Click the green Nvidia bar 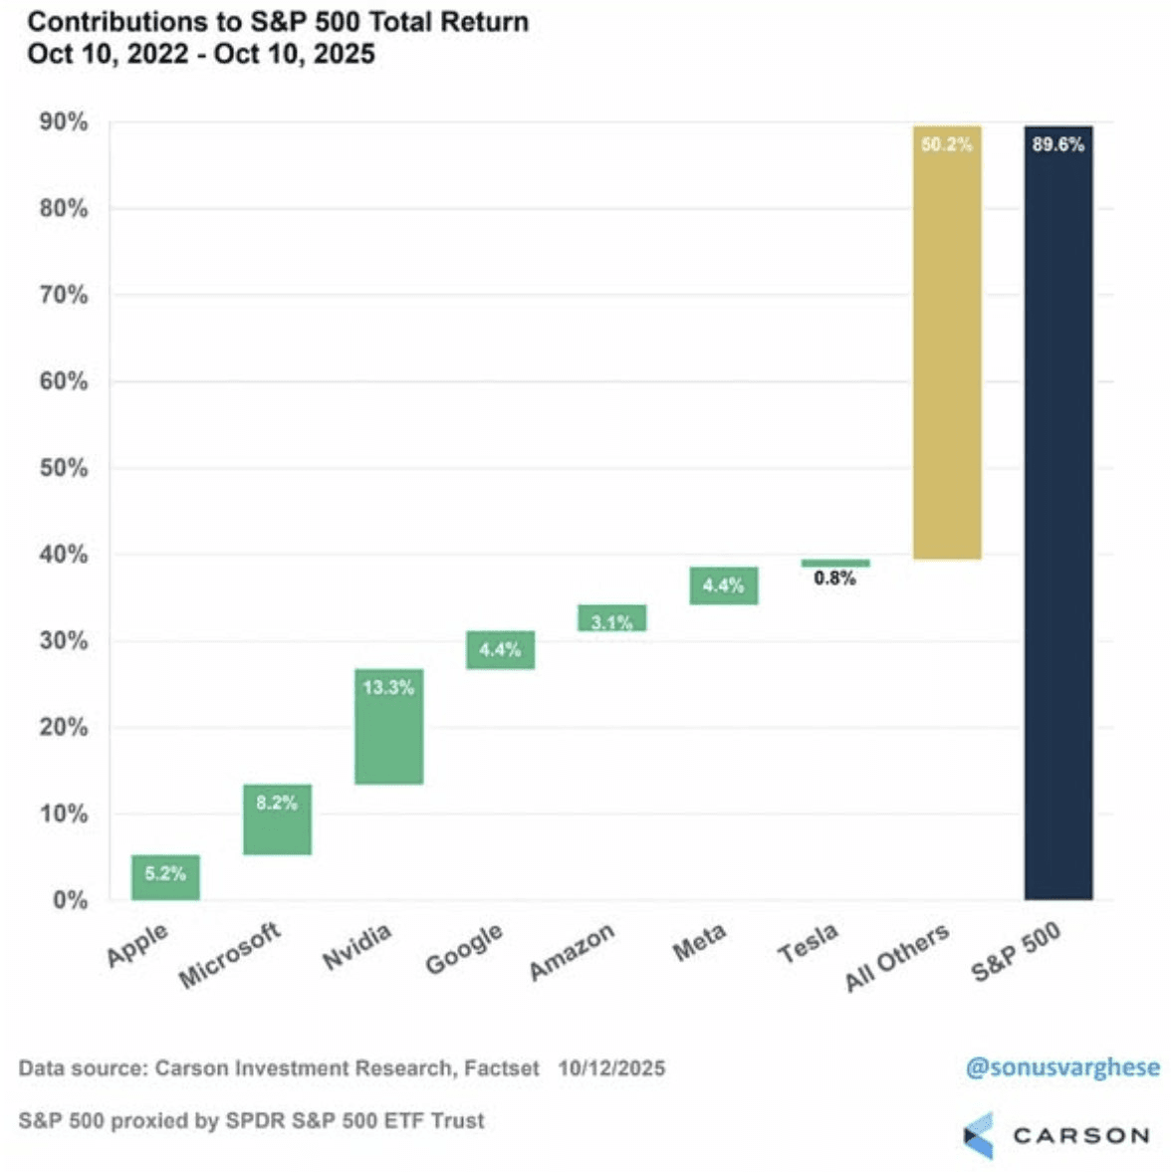(388, 726)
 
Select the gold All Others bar (947, 343)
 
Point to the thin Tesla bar (835, 563)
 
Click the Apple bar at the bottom (165, 877)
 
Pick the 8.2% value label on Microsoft (277, 803)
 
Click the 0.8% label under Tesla (834, 579)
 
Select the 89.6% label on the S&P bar (1057, 144)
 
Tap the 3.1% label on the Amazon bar (611, 622)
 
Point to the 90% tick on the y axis (64, 122)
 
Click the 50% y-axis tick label (64, 468)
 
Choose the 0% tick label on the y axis (70, 900)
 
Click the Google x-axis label (464, 949)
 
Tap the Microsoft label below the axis (230, 956)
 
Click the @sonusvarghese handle (1062, 1067)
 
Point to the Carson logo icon (978, 1134)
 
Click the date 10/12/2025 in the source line (611, 1068)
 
